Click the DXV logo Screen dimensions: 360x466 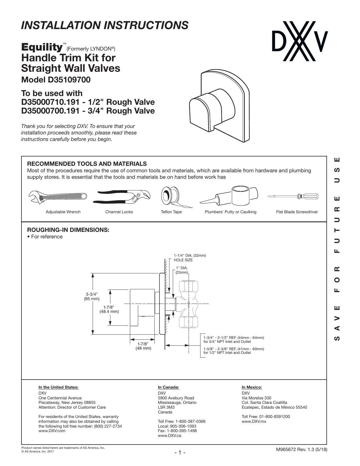click(x=300, y=41)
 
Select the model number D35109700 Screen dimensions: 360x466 click(x=69, y=80)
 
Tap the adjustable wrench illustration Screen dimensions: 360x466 click(x=58, y=197)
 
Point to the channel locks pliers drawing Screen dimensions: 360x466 click(x=122, y=196)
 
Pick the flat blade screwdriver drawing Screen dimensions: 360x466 click(x=293, y=196)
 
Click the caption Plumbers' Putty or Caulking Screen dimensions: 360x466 click(x=230, y=212)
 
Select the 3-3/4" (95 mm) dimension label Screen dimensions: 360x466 click(x=92, y=296)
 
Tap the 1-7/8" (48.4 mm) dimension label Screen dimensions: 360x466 click(x=109, y=309)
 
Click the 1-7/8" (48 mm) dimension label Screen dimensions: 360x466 click(x=143, y=346)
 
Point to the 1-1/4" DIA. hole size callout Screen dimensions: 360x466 click(x=190, y=258)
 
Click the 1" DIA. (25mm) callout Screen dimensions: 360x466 click(x=182, y=270)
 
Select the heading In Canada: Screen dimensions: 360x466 click(x=168, y=387)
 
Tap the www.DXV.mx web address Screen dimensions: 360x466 click(x=254, y=421)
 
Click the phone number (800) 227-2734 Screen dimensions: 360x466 click(x=108, y=426)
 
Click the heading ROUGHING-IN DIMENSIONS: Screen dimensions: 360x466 click(x=68, y=230)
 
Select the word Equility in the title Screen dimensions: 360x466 click(x=42, y=47)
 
